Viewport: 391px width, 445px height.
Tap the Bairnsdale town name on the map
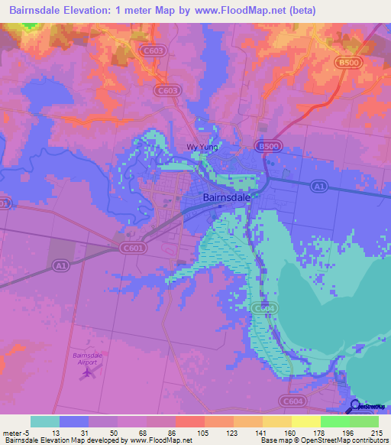227,197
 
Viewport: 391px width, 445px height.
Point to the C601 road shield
131,247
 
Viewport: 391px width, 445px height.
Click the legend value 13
56,433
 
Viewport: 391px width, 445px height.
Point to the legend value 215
374,433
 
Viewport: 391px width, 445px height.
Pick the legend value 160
289,433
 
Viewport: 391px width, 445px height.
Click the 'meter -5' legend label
17,433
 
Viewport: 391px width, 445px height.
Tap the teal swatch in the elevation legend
45,421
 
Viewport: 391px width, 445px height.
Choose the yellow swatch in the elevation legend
305,421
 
